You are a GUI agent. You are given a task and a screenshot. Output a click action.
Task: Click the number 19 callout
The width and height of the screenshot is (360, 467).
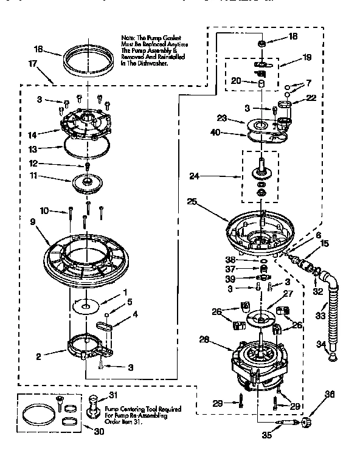306,59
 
